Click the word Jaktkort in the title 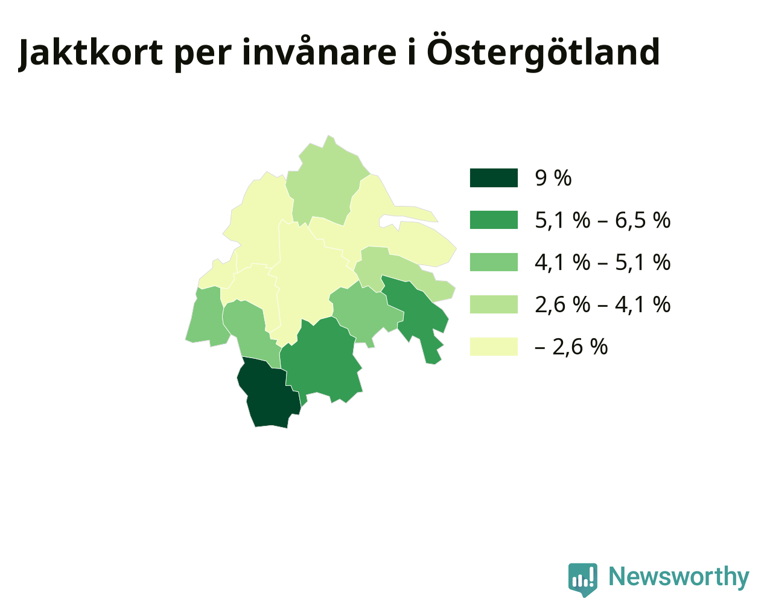[91, 53]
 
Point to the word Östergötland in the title [542, 52]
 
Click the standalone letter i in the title [412, 52]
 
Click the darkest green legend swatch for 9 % [494, 178]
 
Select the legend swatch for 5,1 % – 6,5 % [494, 220]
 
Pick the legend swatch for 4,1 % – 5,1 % [494, 262]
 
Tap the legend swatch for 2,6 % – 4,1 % [494, 304]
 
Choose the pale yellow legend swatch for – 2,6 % [494, 347]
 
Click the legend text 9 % [553, 178]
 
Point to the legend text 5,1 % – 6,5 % [603, 220]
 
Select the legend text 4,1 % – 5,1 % [603, 262]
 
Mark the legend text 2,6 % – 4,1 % [603, 304]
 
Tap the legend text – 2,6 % [571, 347]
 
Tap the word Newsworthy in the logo [679, 576]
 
